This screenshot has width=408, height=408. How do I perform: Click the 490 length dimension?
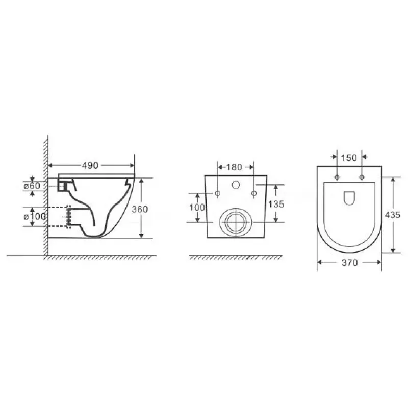click(90, 165)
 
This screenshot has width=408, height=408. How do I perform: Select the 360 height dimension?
click(140, 209)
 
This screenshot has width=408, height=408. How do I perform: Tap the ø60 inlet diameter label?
click(32, 186)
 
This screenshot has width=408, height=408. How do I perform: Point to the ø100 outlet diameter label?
click(35, 216)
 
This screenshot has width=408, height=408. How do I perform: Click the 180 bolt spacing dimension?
click(234, 167)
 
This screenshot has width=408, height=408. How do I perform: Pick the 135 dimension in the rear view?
click(276, 205)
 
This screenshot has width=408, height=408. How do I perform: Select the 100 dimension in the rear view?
click(197, 208)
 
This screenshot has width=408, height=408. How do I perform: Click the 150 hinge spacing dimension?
click(349, 158)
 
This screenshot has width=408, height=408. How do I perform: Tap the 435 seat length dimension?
click(393, 215)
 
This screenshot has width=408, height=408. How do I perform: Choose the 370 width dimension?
click(350, 263)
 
